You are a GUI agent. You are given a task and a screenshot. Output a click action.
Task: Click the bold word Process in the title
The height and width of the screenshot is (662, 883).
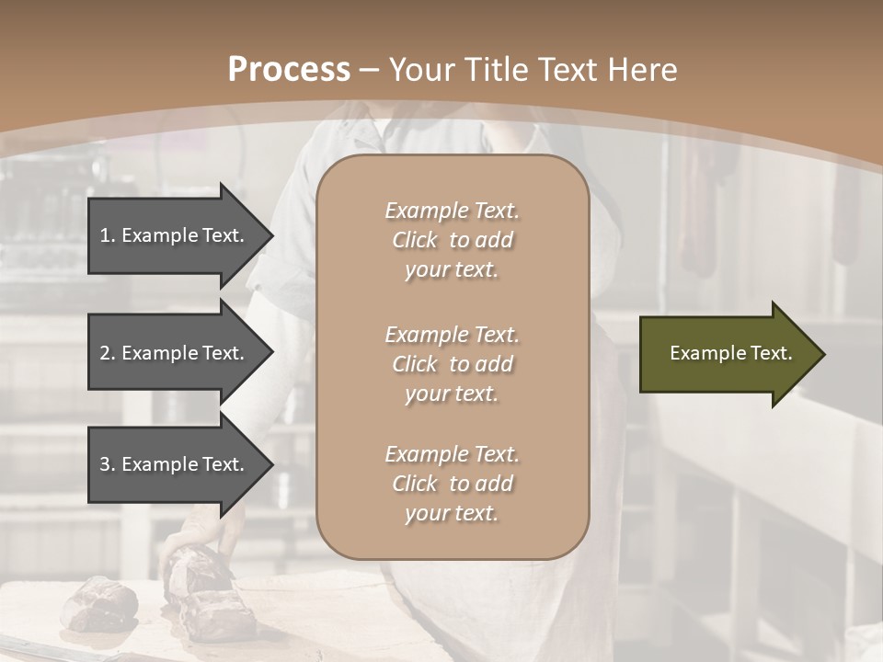(289, 70)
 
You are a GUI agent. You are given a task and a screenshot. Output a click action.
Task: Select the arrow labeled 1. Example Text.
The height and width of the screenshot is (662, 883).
(175, 235)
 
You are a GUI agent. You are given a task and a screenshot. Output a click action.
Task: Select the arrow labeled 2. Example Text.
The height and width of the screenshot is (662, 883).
(175, 353)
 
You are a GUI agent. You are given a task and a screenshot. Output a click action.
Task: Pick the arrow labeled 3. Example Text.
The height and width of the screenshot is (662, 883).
(175, 464)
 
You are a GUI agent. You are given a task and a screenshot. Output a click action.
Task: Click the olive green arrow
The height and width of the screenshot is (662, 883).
(727, 354)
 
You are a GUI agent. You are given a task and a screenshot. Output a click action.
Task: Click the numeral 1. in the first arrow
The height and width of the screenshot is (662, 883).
(107, 235)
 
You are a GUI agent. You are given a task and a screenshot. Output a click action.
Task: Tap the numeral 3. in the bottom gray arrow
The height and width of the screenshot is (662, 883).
(107, 464)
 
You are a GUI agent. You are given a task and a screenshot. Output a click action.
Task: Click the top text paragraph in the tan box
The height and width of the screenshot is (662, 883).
(452, 240)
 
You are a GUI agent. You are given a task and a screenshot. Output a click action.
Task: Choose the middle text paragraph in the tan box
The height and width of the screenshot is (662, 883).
(452, 363)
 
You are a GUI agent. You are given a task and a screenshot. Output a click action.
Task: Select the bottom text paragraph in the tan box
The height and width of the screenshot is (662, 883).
(452, 484)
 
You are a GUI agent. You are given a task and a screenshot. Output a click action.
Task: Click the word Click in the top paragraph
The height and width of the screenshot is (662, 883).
(415, 240)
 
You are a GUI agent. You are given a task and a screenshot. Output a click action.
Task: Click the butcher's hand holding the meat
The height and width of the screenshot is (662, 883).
(198, 533)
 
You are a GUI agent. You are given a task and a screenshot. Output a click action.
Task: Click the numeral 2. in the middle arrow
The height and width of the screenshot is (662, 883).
(107, 353)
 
